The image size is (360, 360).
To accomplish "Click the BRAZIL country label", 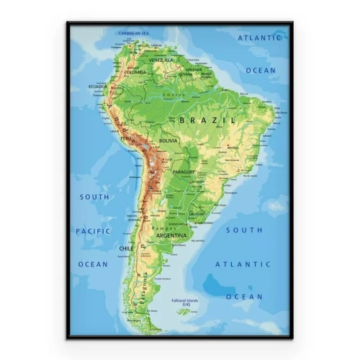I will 207,120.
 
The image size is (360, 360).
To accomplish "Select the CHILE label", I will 126,248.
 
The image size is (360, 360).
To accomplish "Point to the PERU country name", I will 126,138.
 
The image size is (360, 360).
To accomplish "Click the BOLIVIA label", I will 168,140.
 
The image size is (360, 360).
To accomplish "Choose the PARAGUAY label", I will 184,173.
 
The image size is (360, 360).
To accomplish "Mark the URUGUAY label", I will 197,214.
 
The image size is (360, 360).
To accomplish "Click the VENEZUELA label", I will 161,60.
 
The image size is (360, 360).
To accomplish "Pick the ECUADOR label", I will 98,86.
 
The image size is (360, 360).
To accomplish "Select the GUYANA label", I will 186,73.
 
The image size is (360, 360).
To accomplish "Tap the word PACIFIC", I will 94,231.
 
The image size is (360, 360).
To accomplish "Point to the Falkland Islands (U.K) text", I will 185,302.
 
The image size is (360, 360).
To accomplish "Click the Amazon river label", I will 172,95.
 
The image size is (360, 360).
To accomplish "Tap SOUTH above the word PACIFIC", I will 94,197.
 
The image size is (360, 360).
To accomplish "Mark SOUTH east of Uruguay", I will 244,230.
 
